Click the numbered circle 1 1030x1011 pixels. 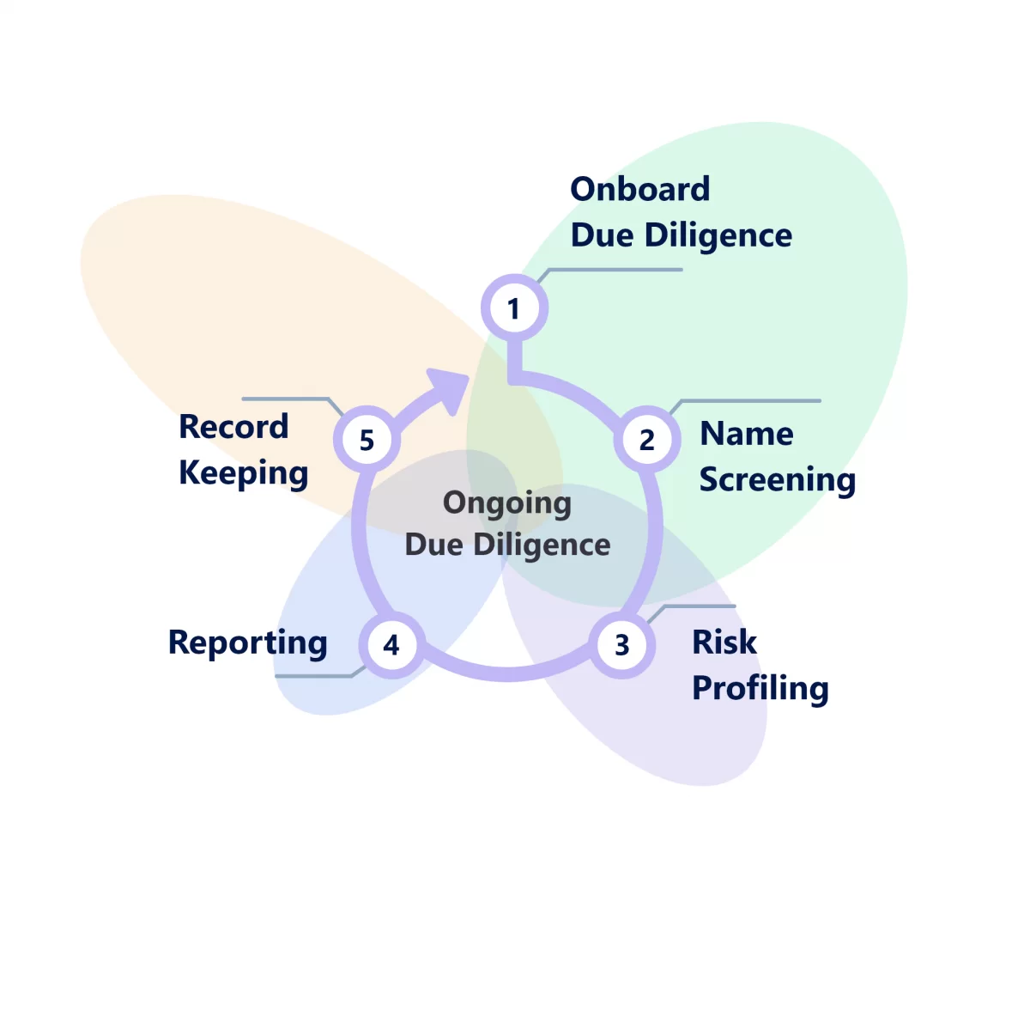point(513,308)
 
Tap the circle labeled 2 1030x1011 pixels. point(646,440)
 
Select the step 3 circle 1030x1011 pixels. point(622,645)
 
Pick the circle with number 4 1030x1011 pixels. point(391,645)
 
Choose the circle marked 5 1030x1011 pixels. point(367,440)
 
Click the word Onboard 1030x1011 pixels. point(639,190)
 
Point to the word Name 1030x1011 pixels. point(746,434)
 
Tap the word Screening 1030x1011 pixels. point(777,480)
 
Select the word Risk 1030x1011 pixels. point(724,643)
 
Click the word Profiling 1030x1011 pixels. point(760,689)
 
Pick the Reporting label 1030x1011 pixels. point(247,643)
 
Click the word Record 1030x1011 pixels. point(233,427)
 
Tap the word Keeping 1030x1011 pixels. point(243,473)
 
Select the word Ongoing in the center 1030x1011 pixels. point(506,503)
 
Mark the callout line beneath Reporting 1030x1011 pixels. point(313,676)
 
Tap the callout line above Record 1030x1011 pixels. point(285,399)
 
